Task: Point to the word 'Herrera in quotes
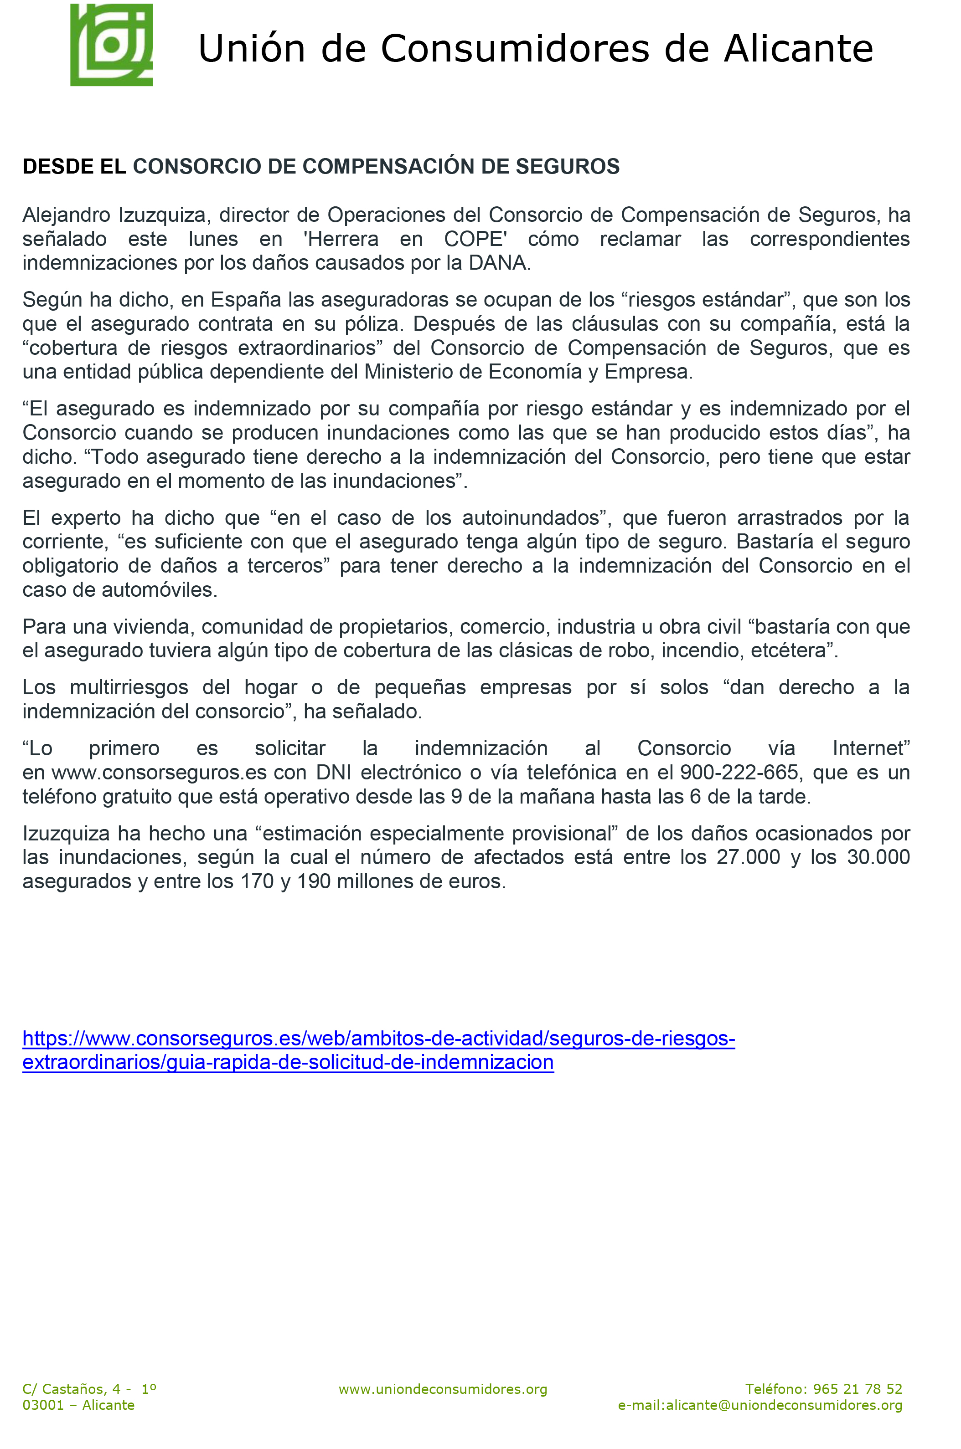click(x=341, y=239)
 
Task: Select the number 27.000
click(x=748, y=857)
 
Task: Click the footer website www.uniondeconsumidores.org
click(x=443, y=1390)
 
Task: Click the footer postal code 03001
click(x=43, y=1405)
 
